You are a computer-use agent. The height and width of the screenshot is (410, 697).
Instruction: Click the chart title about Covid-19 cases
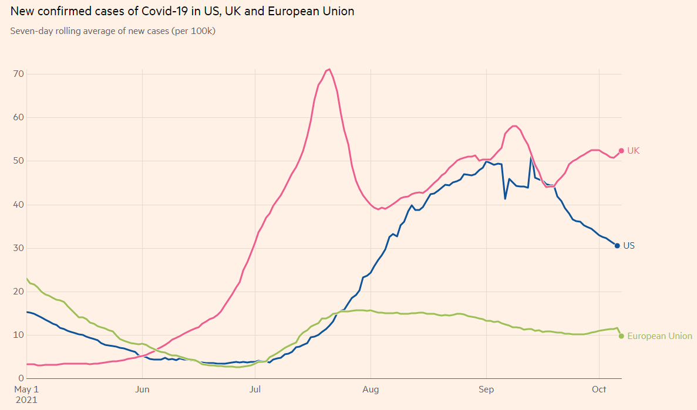coord(182,11)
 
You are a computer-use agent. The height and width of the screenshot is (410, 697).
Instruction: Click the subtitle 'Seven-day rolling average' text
coord(113,31)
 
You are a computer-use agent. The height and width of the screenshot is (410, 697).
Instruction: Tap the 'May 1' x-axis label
coord(26,389)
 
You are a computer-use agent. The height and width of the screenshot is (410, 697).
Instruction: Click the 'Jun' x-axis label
coord(142,389)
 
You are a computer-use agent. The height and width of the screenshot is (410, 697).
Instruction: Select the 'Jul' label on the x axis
coord(255,389)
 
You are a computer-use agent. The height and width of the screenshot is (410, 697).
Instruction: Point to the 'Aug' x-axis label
coord(371,389)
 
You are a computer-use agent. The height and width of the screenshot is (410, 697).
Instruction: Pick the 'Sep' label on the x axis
coord(486,389)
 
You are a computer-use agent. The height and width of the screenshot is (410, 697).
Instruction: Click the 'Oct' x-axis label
coord(599,389)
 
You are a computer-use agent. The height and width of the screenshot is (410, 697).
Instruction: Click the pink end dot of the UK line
coord(621,151)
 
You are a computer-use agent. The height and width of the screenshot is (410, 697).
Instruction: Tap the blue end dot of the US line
coord(617,246)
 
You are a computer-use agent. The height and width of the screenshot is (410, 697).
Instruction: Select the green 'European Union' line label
coord(659,336)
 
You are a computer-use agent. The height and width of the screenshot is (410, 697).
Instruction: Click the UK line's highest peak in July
coord(329,69)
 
